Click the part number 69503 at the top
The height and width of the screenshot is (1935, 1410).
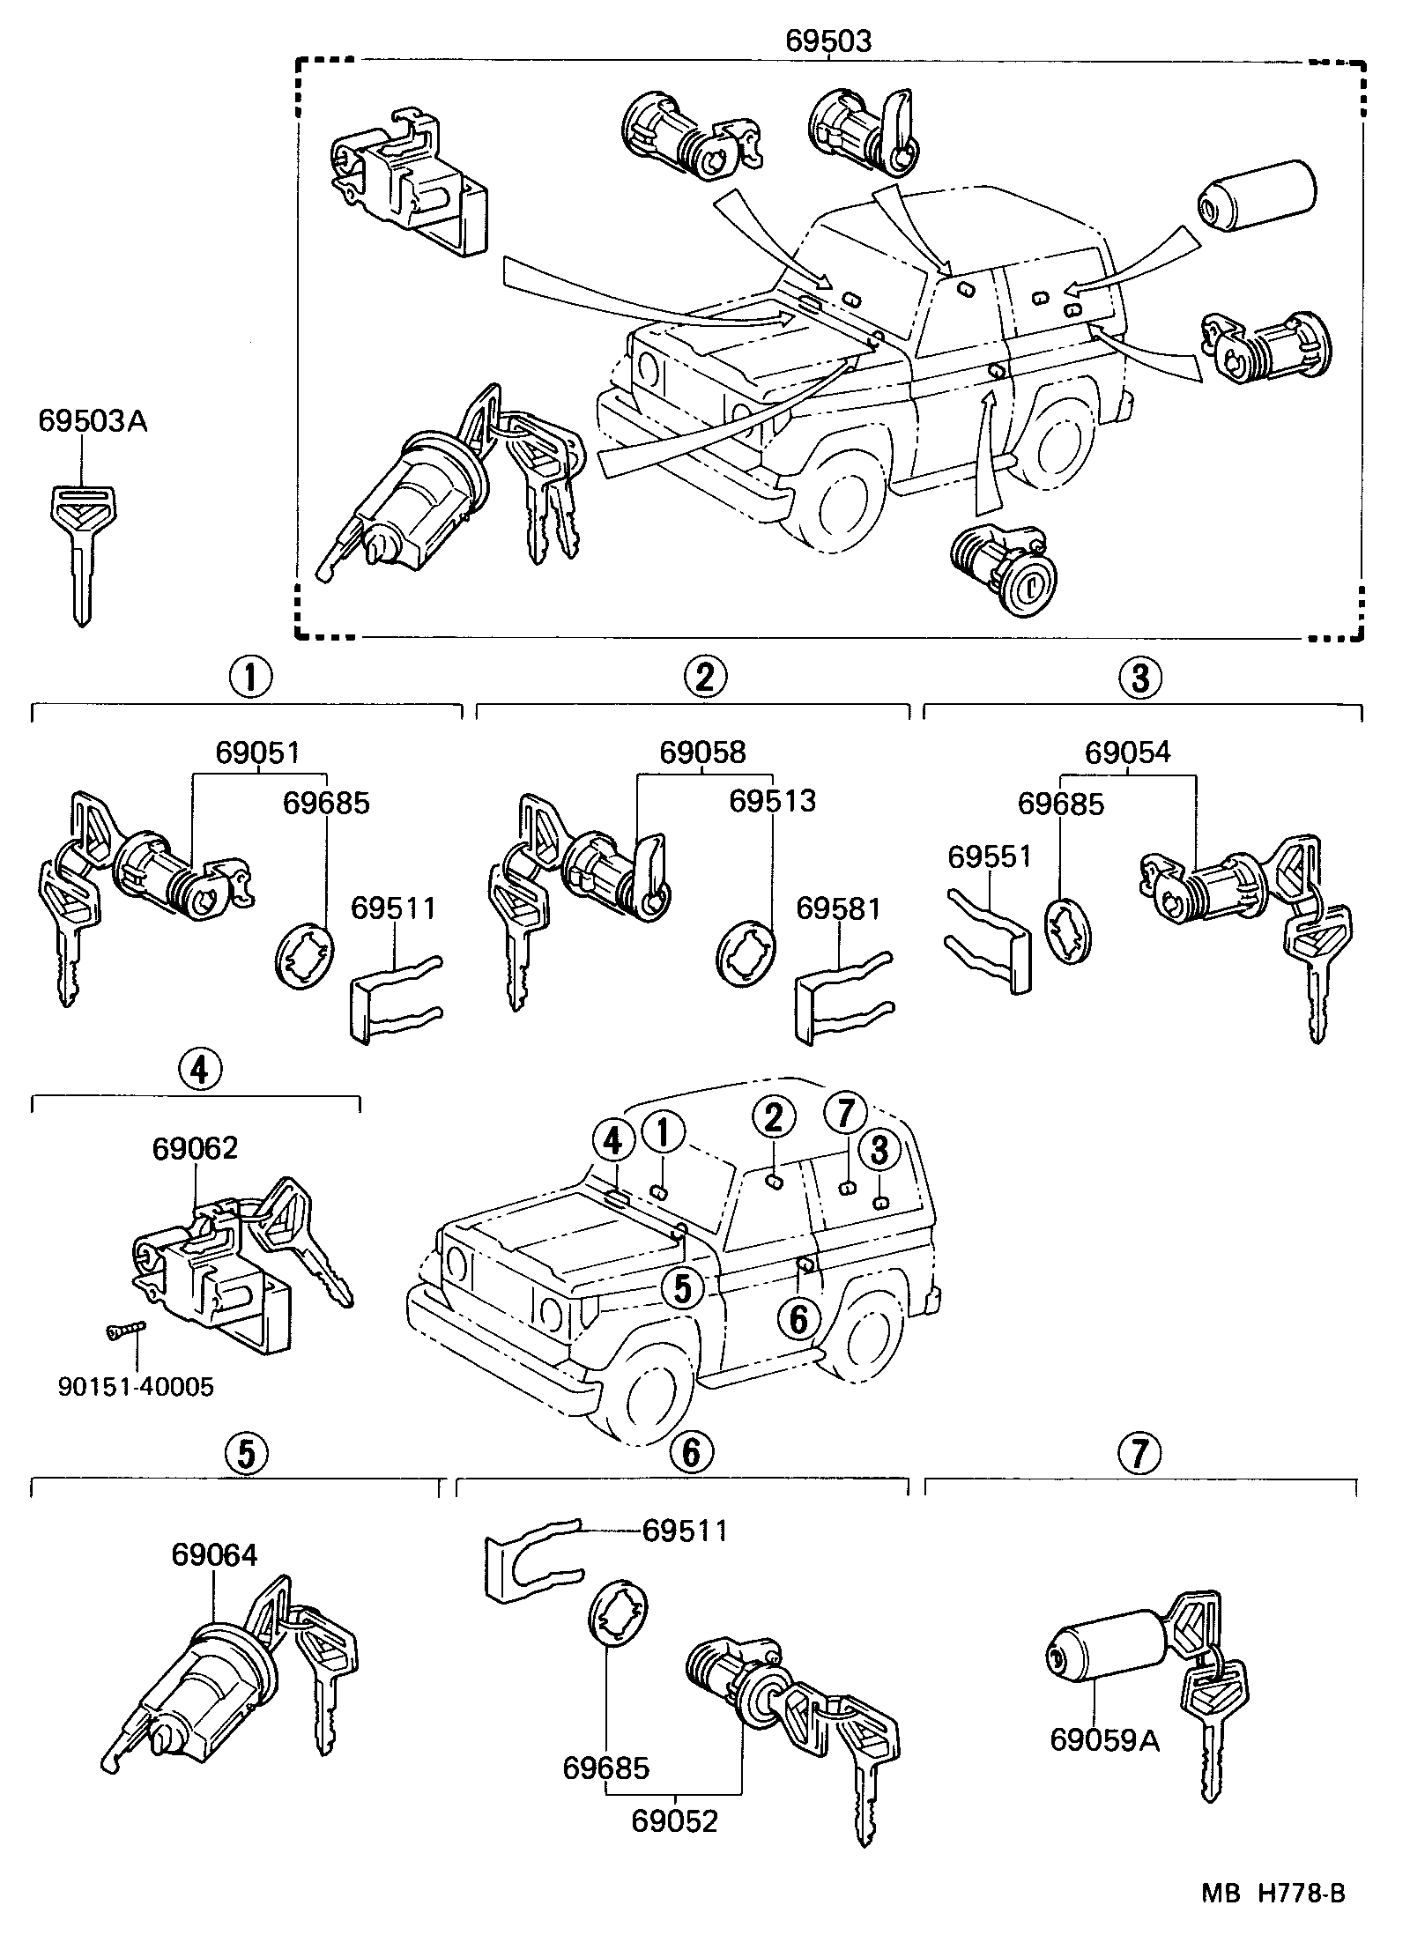pos(828,41)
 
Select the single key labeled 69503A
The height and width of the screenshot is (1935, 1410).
pos(78,551)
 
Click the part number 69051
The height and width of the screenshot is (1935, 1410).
pos(258,752)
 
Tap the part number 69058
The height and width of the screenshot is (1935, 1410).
pos(702,752)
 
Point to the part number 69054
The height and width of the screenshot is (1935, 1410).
pos(1127,752)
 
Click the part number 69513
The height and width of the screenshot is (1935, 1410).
pos(772,801)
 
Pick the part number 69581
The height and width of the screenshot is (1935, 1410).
pos(838,908)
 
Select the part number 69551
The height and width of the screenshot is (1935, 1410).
pos(989,856)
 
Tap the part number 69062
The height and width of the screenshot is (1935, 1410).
pos(195,1149)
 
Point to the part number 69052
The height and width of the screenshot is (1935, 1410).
pos(674,1820)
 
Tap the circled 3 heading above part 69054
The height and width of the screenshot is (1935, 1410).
pos(1140,678)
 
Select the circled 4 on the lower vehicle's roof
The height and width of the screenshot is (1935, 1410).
pos(614,1143)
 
